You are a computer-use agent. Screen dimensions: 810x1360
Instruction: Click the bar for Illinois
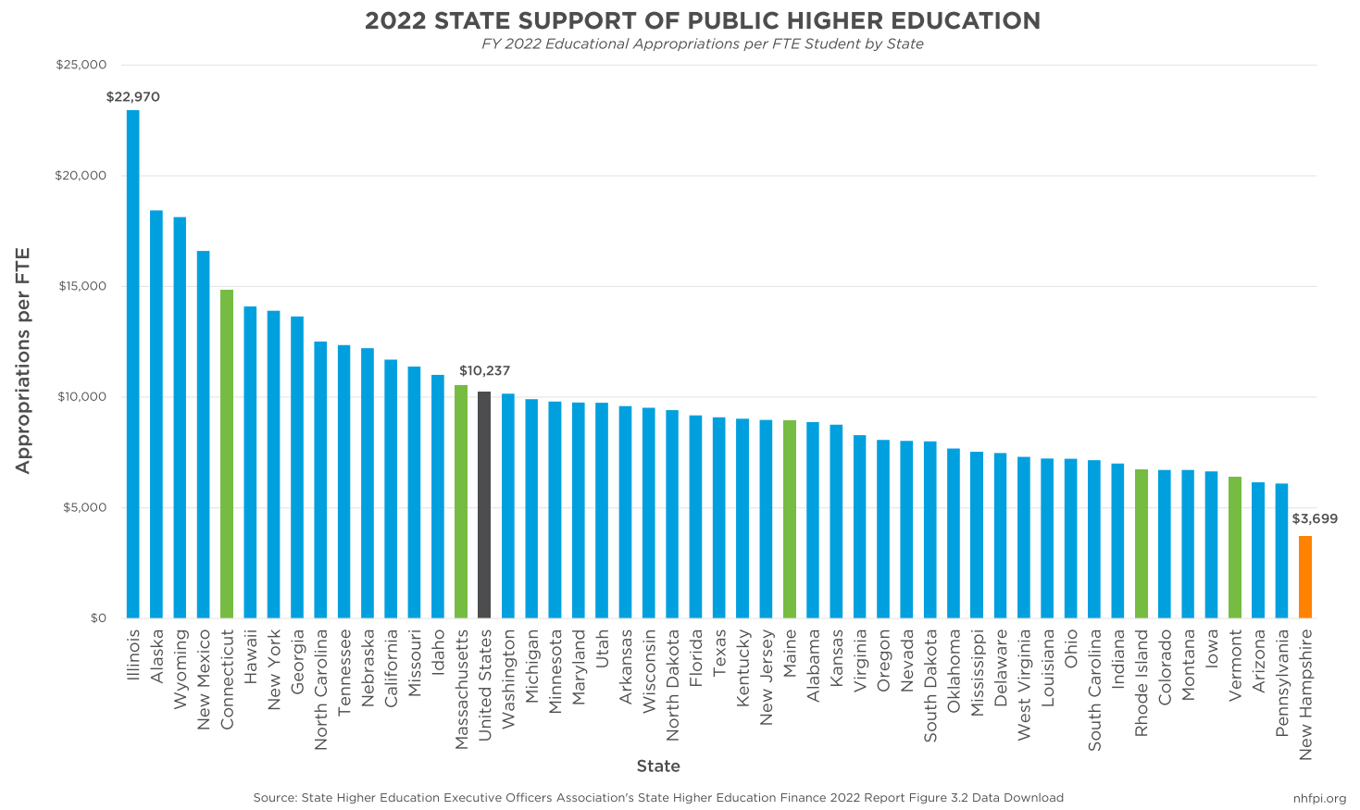point(133,364)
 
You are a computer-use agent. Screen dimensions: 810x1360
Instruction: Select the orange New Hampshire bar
point(1305,577)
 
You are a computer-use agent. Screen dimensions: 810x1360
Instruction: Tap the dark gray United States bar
point(484,505)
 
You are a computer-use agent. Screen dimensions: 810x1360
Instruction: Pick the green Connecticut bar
point(227,454)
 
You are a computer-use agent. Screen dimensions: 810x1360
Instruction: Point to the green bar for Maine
point(790,519)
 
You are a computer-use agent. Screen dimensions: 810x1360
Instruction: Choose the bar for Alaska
point(156,414)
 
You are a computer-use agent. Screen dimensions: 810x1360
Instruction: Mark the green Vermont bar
point(1235,547)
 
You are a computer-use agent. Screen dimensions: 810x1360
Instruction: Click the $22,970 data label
point(133,97)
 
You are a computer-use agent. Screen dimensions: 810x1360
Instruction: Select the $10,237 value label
point(484,371)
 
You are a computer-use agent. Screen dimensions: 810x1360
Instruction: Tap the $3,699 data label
point(1315,519)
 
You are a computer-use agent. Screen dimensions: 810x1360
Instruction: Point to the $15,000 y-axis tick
point(82,286)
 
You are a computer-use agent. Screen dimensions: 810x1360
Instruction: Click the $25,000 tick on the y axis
point(82,65)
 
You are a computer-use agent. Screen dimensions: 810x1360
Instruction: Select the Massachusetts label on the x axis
point(461,690)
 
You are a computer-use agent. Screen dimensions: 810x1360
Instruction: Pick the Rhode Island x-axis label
point(1142,683)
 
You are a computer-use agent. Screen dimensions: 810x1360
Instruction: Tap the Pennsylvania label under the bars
point(1282,683)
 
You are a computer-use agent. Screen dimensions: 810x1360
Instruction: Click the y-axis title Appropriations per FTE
point(23,360)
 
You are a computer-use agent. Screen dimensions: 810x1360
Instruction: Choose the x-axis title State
point(658,766)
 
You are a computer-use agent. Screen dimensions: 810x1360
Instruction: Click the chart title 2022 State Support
point(703,21)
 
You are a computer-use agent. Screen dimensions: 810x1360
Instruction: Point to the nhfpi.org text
point(1319,798)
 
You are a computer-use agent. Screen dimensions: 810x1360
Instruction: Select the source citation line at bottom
point(658,798)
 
